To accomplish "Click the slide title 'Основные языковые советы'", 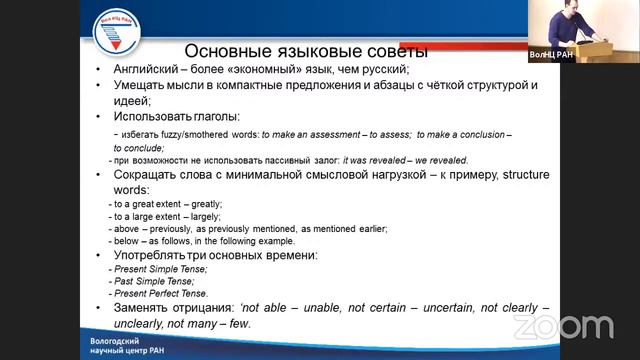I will tap(307, 50).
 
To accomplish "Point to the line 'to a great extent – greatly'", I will tap(164, 203).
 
